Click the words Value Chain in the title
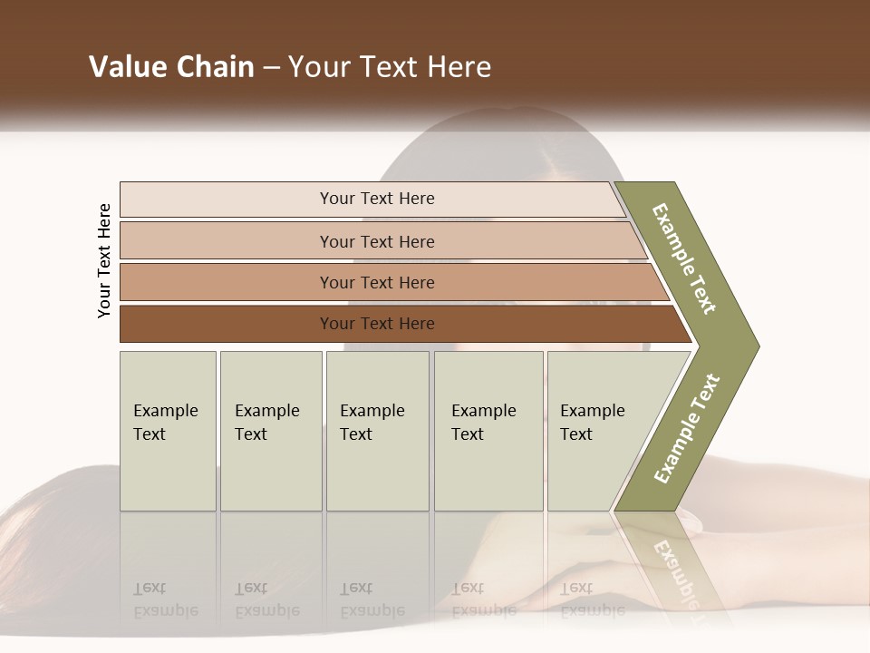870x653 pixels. tap(171, 67)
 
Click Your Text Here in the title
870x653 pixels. tap(390, 67)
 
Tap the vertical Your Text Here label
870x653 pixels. tap(105, 260)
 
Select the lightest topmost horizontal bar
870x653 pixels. tap(227, 200)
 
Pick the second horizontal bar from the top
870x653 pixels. tap(227, 241)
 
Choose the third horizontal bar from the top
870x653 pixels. tap(227, 282)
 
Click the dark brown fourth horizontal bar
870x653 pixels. tap(227, 324)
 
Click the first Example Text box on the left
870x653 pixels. tap(168, 431)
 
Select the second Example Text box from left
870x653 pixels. tap(271, 431)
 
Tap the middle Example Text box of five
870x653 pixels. tap(377, 431)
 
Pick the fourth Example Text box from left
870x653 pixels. tap(488, 431)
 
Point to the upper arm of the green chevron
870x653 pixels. tap(684, 258)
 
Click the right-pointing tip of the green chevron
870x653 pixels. tap(748, 346)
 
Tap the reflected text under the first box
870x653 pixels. tap(165, 599)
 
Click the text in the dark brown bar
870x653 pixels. tap(377, 324)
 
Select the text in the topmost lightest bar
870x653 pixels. tap(377, 199)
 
